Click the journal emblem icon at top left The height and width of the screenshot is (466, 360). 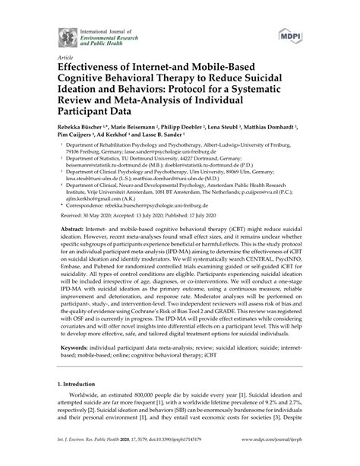57,33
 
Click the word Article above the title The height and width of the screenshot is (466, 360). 56,55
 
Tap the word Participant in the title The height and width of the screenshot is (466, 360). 82,108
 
